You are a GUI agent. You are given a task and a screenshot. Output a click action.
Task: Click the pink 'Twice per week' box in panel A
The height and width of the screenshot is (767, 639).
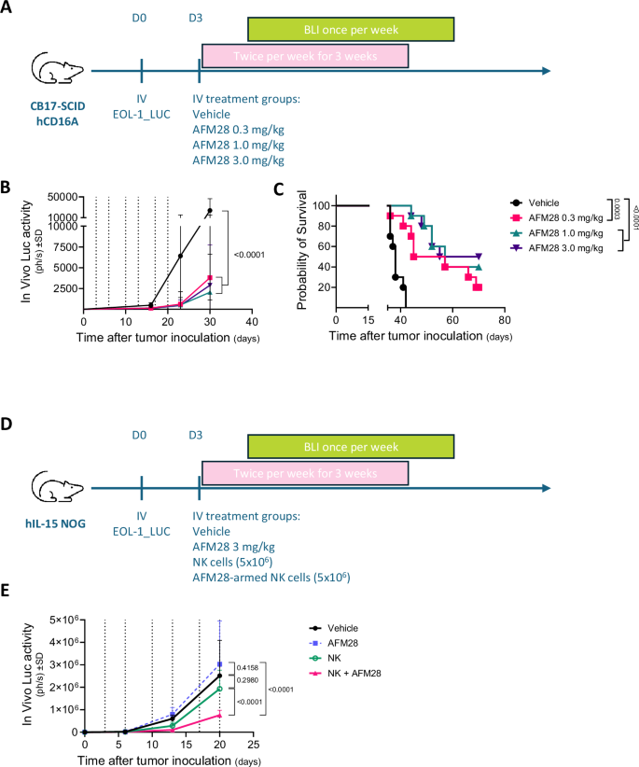pyautogui.click(x=305, y=56)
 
